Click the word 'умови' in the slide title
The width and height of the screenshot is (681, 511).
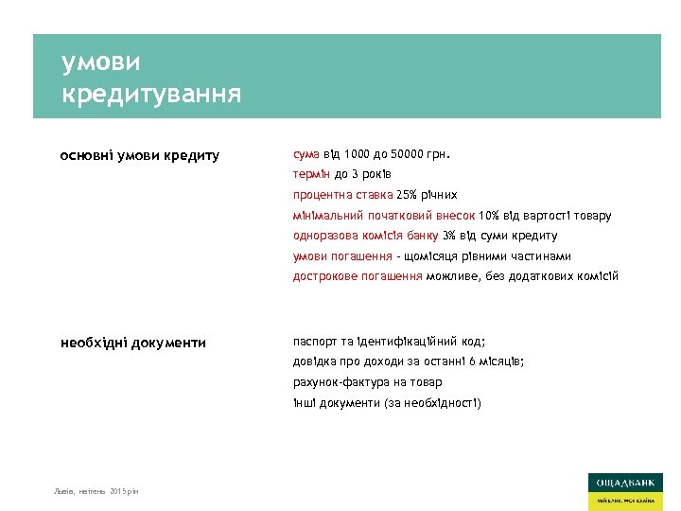(100, 62)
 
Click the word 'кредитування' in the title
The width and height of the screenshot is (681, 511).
(151, 95)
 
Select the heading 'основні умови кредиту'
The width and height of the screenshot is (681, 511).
(140, 155)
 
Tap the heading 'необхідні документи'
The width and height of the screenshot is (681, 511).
(133, 343)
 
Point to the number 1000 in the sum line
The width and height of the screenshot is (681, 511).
(358, 153)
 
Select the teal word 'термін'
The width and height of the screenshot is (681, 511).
(311, 174)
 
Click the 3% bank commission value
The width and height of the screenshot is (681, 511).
(451, 236)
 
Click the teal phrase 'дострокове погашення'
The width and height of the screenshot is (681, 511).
(357, 276)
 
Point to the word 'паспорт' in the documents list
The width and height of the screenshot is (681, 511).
(314, 341)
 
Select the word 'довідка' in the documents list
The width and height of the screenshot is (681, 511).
(316, 361)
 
